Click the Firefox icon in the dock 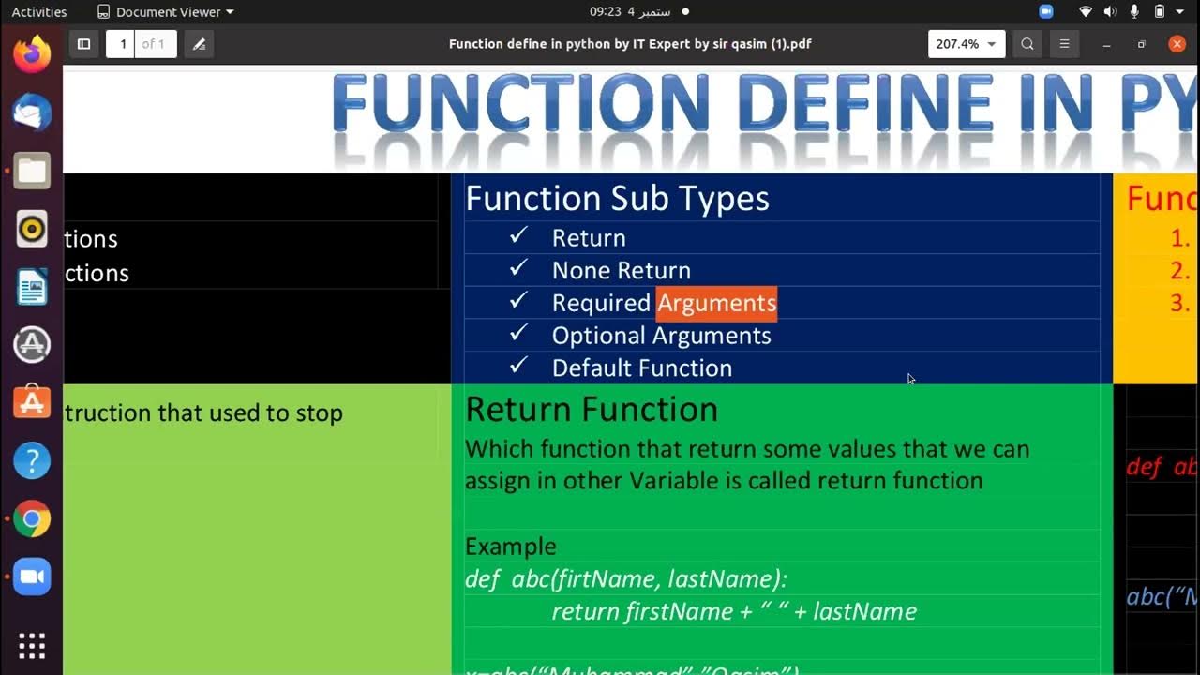pos(32,54)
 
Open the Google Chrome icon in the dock pos(32,518)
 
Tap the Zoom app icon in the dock pos(32,577)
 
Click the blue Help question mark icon pos(32,460)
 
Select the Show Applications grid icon pos(32,646)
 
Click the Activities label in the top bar pos(39,12)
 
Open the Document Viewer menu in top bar pos(166,12)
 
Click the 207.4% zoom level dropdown pos(966,44)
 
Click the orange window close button pos(1177,44)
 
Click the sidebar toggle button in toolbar pos(83,44)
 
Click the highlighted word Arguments pos(716,304)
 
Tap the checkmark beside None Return pos(518,269)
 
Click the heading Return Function pos(591,410)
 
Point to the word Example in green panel pos(510,547)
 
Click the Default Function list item pos(641,368)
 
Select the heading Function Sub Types pos(617,199)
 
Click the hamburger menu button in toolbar pos(1064,44)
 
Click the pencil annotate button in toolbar pos(199,44)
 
